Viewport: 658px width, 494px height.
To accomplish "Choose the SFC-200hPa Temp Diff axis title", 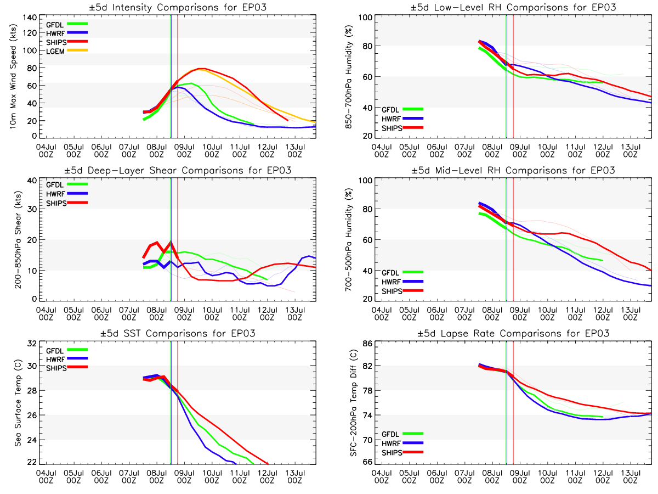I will tap(348, 403).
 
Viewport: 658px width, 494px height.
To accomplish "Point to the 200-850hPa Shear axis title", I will tap(13, 239).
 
